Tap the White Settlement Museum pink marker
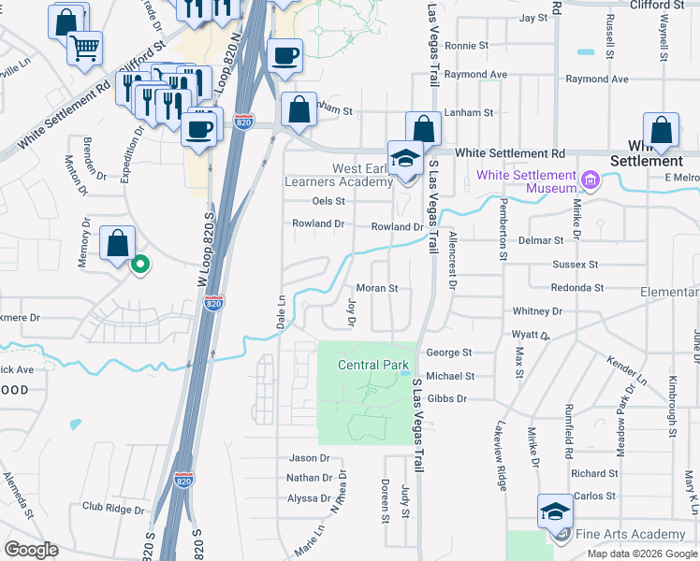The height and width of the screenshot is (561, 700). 591,179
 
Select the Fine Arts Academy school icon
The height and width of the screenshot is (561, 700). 555,512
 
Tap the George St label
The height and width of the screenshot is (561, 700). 448,352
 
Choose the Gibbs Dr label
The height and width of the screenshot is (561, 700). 446,398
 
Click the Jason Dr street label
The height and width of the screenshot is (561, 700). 310,458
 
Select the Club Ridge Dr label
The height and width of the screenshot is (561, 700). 113,509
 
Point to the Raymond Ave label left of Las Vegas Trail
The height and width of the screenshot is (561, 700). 475,74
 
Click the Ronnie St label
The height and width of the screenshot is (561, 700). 466,45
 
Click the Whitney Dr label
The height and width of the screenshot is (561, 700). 537,310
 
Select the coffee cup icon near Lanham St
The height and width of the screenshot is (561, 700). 284,55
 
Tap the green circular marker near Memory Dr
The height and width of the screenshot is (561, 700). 140,266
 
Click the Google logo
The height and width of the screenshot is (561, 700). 31,550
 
